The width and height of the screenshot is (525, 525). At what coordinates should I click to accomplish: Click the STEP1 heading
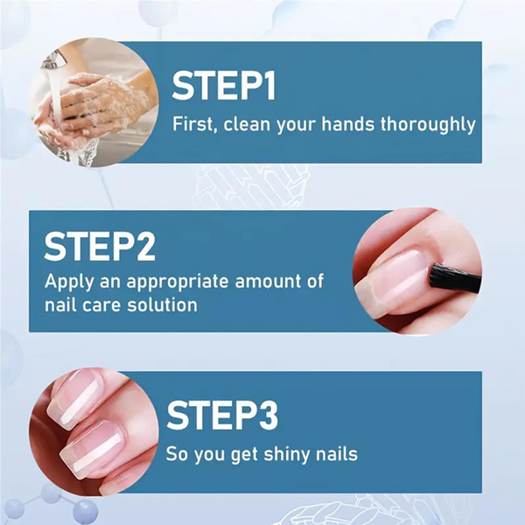[x=224, y=85]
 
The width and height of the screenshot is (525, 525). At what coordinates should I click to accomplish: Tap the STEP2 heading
[x=100, y=248]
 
